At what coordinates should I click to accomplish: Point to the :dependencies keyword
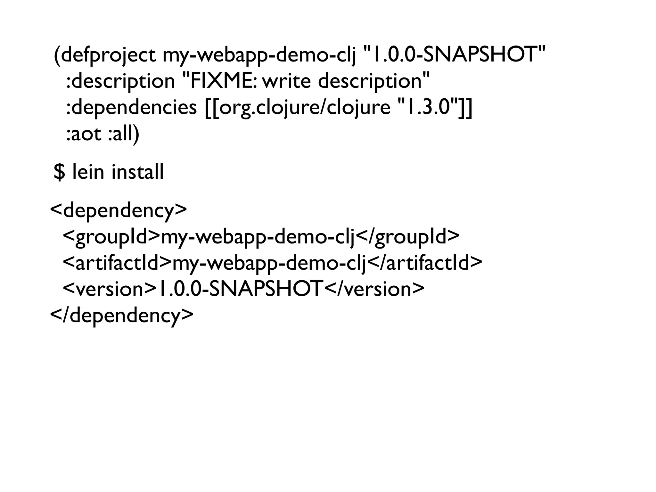point(131,108)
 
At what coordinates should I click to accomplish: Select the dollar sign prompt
point(59,172)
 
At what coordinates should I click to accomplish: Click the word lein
point(88,172)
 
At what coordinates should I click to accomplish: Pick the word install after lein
point(138,172)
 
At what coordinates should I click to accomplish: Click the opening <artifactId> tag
point(117,263)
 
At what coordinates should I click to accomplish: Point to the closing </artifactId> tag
point(424,263)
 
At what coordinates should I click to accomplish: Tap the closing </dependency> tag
point(122,316)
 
